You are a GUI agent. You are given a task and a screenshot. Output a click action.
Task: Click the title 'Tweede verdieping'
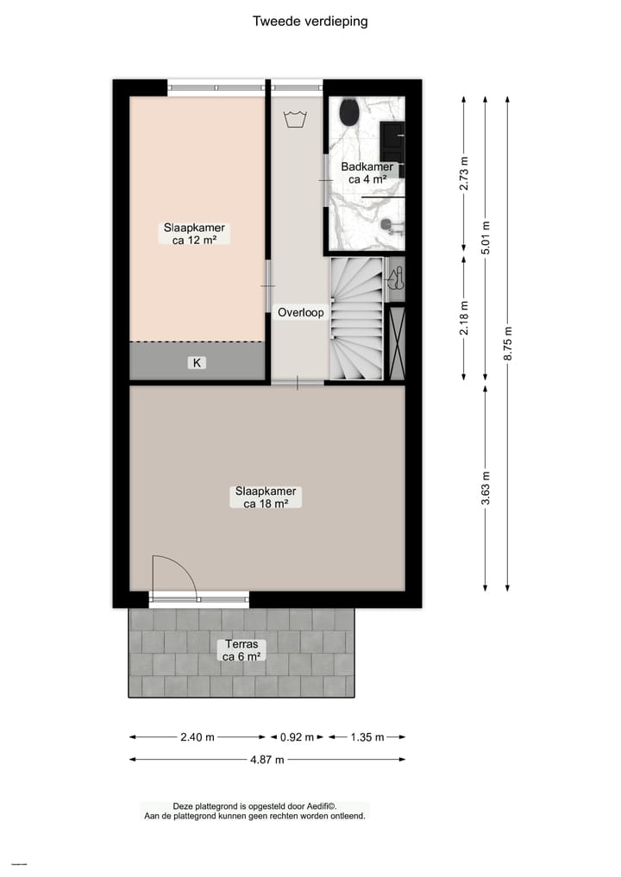coord(310,21)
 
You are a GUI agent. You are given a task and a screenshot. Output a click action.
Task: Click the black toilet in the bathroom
coord(349,112)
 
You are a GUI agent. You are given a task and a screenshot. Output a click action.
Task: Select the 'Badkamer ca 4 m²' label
coord(367,173)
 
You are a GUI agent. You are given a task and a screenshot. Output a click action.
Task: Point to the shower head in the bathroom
coord(391,227)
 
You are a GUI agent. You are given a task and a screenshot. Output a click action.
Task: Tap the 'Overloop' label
coord(300,313)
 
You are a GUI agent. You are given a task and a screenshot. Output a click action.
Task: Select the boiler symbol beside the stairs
coord(395,279)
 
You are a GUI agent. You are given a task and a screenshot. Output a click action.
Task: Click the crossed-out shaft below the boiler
coord(397,342)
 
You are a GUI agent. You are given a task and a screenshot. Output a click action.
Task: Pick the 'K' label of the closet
coord(197,363)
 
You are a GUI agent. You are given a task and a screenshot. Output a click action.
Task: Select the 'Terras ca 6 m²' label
coord(241,650)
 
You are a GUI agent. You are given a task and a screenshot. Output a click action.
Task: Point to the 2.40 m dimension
coord(198,737)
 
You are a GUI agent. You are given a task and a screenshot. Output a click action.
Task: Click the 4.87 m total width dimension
coord(267,760)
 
